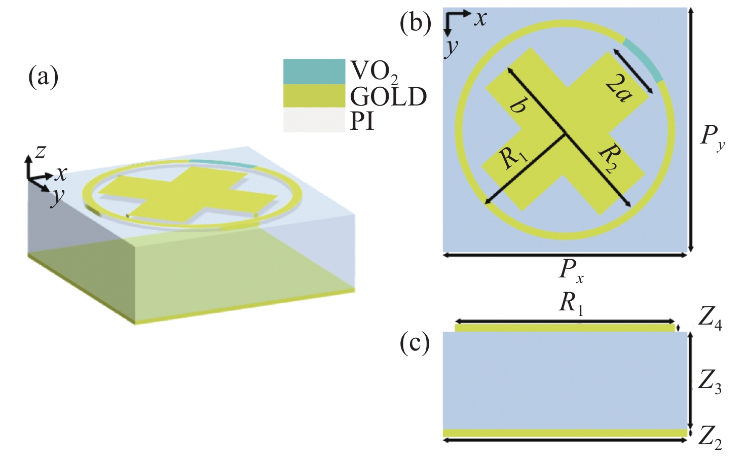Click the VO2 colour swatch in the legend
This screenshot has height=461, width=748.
[x=314, y=72]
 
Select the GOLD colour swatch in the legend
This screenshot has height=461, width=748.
[x=314, y=96]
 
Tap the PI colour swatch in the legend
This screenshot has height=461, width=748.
[x=314, y=120]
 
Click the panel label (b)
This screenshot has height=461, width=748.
[x=415, y=23]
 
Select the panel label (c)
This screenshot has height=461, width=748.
[x=415, y=344]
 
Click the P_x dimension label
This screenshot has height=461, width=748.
[x=571, y=271]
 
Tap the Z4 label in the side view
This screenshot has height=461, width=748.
[x=709, y=320]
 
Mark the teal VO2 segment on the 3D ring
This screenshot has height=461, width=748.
[x=221, y=163]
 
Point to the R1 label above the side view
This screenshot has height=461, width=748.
[x=572, y=304]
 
